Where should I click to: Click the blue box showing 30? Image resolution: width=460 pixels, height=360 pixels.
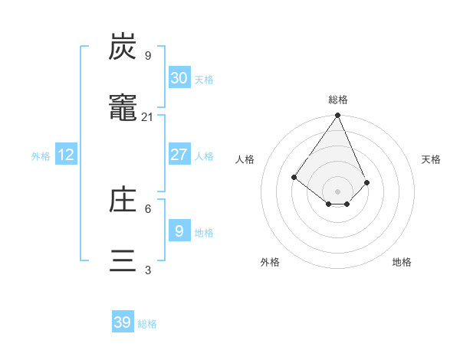pyautogui.click(x=179, y=78)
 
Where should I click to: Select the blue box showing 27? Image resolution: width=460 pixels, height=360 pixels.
pyautogui.click(x=179, y=155)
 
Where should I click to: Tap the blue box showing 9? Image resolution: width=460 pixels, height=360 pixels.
pyautogui.click(x=179, y=231)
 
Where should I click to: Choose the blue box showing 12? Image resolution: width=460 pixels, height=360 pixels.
pyautogui.click(x=66, y=155)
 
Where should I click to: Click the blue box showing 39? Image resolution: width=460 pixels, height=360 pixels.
pyautogui.click(x=123, y=322)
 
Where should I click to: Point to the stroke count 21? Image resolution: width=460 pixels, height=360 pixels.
pyautogui.click(x=147, y=117)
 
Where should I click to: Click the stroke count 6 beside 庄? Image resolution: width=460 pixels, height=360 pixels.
pyautogui.click(x=147, y=208)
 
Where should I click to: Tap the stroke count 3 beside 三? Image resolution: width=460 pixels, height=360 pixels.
pyautogui.click(x=147, y=270)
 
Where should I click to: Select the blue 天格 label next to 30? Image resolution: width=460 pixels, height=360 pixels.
pyautogui.click(x=204, y=80)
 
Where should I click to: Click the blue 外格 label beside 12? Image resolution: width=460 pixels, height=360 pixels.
pyautogui.click(x=41, y=156)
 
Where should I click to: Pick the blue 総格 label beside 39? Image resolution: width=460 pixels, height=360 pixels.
pyautogui.click(x=147, y=324)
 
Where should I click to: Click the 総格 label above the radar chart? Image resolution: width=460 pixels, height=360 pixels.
pyautogui.click(x=338, y=100)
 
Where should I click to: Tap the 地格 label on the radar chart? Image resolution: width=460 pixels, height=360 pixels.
pyautogui.click(x=402, y=262)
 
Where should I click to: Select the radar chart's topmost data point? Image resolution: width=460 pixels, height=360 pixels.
pyautogui.click(x=338, y=116)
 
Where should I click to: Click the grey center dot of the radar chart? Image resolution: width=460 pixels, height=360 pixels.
pyautogui.click(x=338, y=191)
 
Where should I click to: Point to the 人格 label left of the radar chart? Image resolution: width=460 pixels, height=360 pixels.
pyautogui.click(x=245, y=159)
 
